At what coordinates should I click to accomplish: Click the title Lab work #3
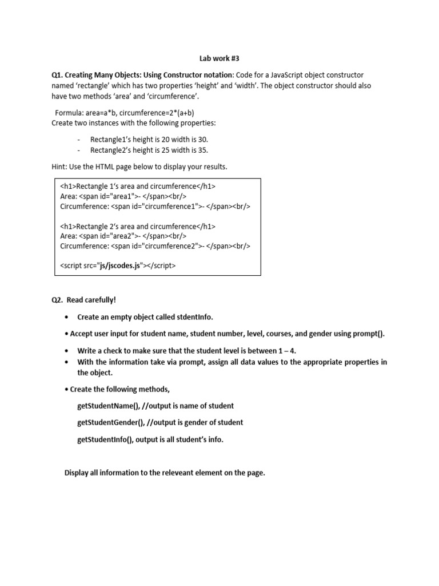coord(219,58)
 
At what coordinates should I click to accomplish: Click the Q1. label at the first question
coord(59,75)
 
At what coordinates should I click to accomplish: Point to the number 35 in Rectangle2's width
coord(202,150)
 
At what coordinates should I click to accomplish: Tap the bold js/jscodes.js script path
coord(120,266)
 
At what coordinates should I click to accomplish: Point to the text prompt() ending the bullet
coord(370,334)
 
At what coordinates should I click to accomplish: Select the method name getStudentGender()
coord(110,422)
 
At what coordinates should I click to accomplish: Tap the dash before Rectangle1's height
coord(78,140)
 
